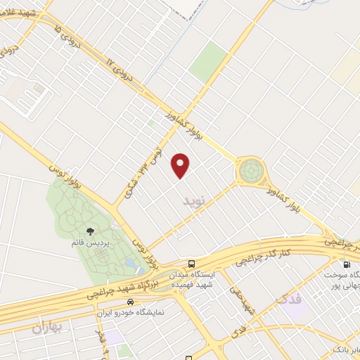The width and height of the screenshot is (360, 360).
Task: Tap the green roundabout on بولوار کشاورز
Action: (x=250, y=171)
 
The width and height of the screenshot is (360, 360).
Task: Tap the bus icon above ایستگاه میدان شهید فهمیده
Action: (x=192, y=263)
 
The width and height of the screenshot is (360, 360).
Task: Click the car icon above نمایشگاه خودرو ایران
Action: (x=129, y=301)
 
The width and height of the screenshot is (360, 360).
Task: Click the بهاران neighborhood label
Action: (x=47, y=328)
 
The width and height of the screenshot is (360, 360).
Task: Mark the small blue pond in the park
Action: (x=131, y=264)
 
